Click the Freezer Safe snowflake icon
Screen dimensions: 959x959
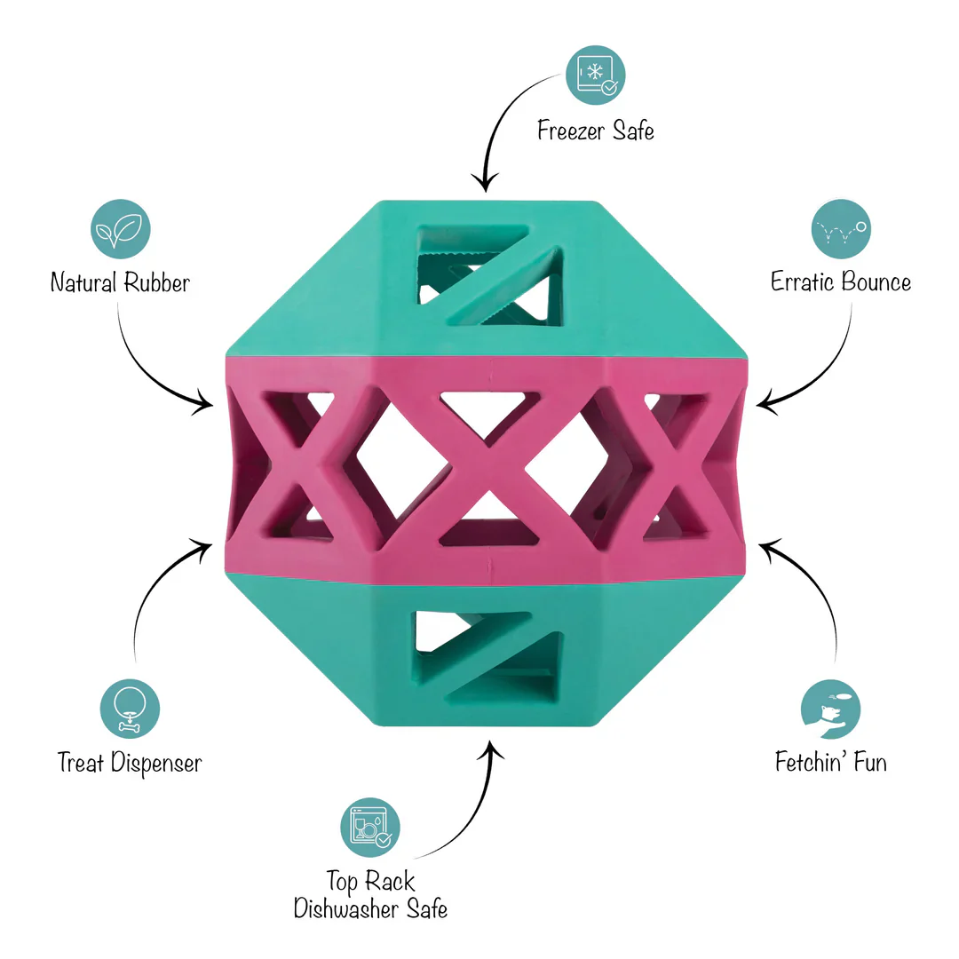[x=595, y=75]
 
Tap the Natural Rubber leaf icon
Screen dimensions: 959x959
[x=121, y=229]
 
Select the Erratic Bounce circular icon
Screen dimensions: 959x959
[x=841, y=229]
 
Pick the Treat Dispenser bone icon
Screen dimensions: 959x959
[x=130, y=709]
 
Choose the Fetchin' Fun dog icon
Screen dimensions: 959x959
[x=830, y=709]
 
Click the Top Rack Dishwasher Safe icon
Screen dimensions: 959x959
[x=370, y=828]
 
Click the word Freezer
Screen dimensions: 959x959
[x=571, y=131]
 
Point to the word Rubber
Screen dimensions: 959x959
[x=156, y=282]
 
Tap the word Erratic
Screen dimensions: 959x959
[x=802, y=282]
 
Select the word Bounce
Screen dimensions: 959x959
[x=876, y=282]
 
